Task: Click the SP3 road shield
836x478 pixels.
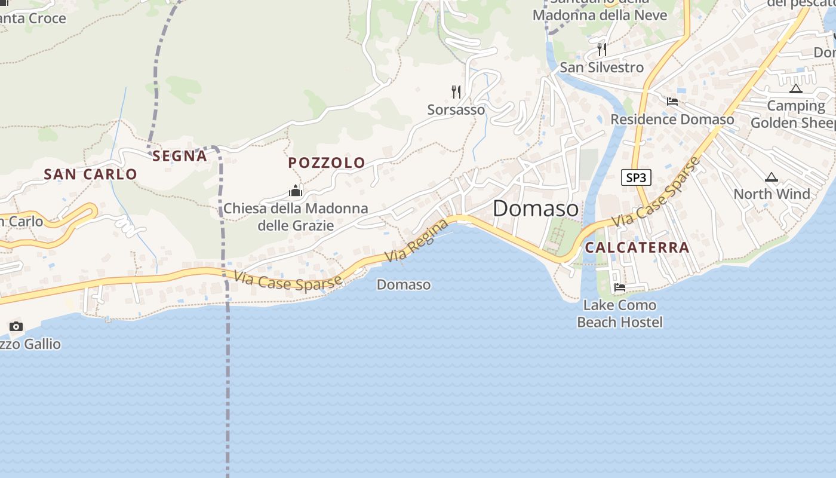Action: (636, 177)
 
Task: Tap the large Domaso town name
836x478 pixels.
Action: (536, 209)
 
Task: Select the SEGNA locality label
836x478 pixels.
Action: (179, 156)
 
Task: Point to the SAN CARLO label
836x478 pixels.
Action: (90, 174)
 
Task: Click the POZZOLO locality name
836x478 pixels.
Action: (327, 163)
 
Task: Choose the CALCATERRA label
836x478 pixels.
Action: (637, 247)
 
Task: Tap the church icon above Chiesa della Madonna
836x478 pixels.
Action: (295, 191)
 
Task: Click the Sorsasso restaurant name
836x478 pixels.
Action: (456, 110)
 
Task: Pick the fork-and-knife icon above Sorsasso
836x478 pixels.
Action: (456, 91)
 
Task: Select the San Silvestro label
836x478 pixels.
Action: (601, 68)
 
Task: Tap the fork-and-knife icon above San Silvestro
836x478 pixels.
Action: (602, 49)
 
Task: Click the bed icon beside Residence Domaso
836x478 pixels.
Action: (672, 102)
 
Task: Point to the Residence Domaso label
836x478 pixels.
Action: (672, 119)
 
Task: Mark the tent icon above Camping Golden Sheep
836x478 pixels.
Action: (795, 89)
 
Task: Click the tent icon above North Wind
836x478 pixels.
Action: (772, 177)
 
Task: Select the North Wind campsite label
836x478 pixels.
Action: (772, 194)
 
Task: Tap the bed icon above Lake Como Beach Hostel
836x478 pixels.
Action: (620, 288)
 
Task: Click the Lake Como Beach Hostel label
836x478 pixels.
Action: (620, 314)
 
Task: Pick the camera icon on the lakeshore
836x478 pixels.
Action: (16, 326)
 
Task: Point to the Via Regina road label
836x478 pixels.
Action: (416, 241)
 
